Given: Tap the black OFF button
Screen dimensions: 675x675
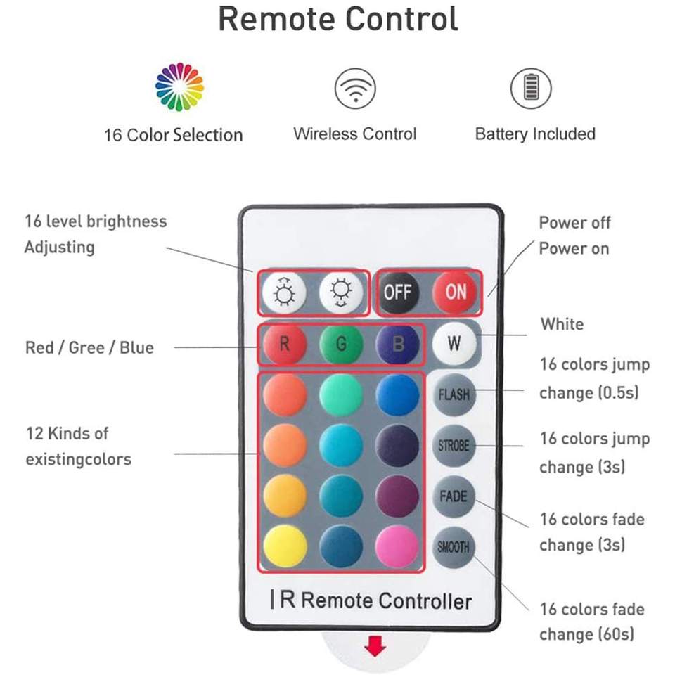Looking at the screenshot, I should [397, 291].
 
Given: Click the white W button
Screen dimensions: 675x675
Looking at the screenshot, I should [454, 344].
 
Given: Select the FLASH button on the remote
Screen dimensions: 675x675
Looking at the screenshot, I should [454, 394].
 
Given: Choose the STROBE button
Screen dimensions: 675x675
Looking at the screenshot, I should [454, 446].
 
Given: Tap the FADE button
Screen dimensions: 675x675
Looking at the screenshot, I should [454, 496].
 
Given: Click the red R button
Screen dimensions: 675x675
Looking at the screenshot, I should [285, 345].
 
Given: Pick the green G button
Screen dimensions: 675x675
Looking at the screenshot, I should [341, 345].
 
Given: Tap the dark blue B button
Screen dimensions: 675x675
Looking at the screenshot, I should [397, 345].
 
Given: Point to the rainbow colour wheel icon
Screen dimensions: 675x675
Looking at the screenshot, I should [179, 87].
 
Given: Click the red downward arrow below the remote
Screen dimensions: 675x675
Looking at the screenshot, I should [375, 646].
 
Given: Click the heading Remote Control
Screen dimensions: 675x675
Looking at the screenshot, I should [337, 19].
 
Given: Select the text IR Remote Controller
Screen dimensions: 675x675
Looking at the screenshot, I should [371, 600].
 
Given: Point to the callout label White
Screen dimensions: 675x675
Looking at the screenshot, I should [562, 324].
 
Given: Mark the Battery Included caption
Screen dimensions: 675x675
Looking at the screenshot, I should [535, 134].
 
